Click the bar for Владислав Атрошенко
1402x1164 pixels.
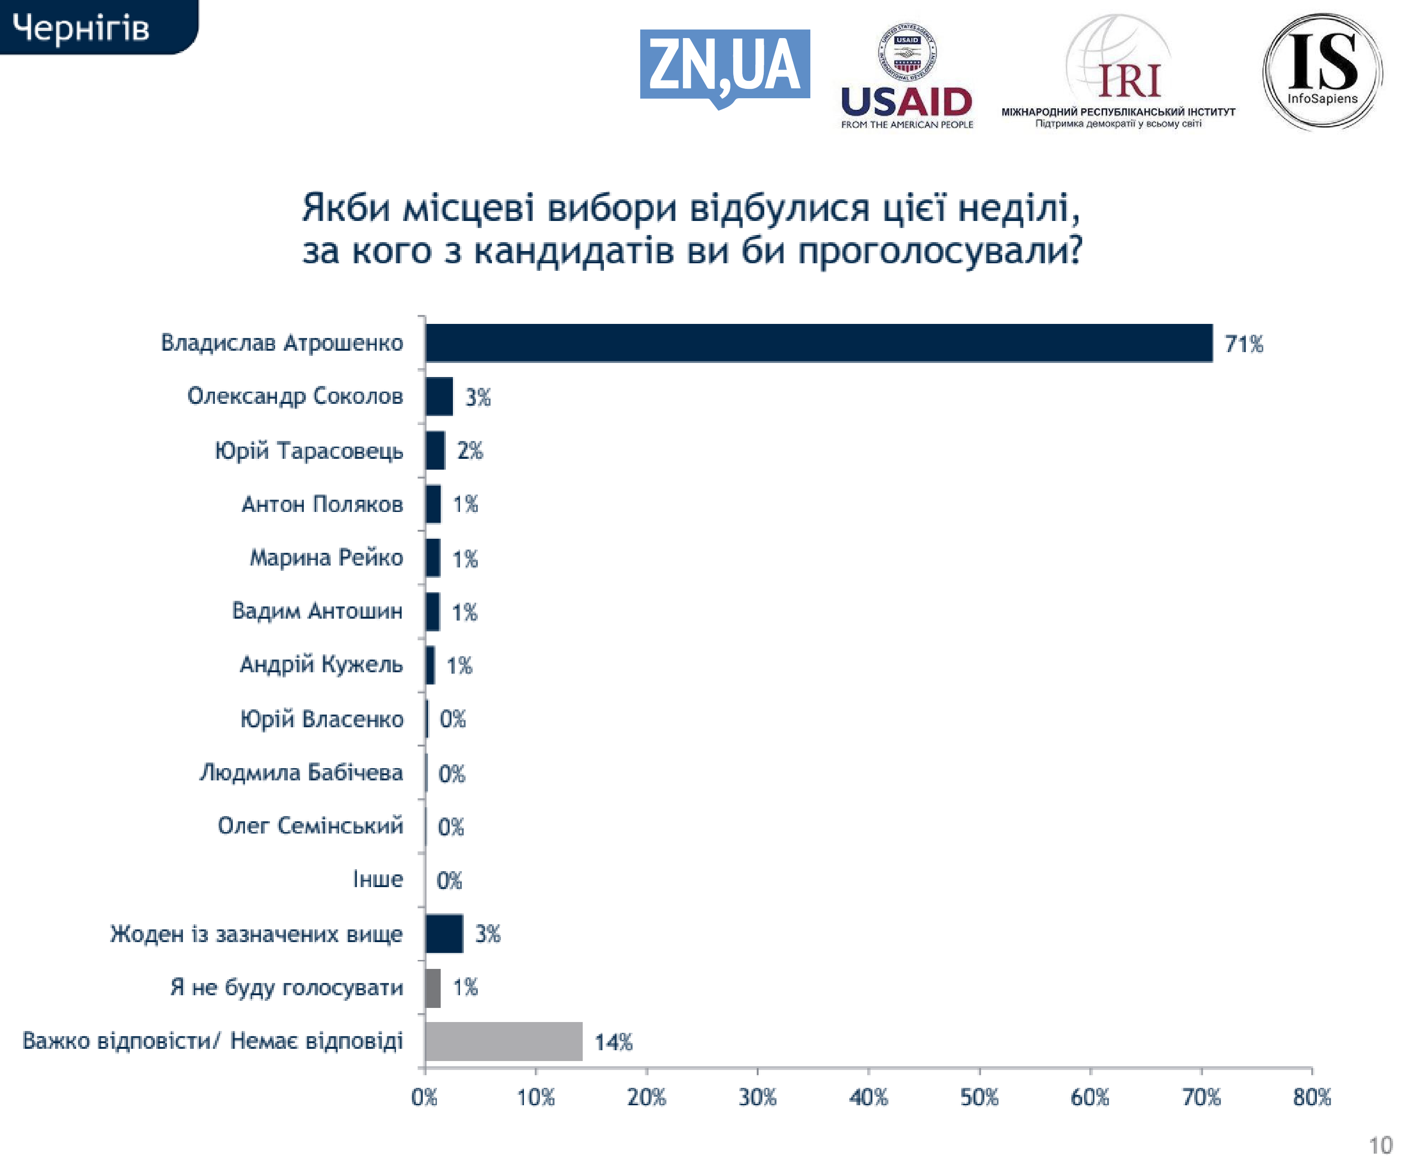click(818, 343)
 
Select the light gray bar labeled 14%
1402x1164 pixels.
click(503, 1041)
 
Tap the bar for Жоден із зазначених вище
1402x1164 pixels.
click(444, 934)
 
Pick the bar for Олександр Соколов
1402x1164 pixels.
click(439, 396)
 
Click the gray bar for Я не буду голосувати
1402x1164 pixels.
click(433, 988)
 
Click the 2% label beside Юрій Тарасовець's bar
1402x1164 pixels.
click(470, 451)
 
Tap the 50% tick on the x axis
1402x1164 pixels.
click(979, 1097)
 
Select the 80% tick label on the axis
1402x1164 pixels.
click(1312, 1097)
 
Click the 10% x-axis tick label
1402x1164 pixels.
click(535, 1097)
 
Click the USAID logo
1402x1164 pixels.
click(907, 77)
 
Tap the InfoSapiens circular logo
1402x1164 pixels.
click(1322, 71)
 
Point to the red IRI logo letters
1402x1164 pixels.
click(1130, 81)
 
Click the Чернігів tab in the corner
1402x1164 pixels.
click(81, 28)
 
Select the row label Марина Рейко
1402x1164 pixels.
click(326, 557)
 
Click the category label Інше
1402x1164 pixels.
click(378, 880)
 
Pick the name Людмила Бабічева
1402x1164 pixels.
click(301, 772)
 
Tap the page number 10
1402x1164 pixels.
click(1380, 1145)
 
